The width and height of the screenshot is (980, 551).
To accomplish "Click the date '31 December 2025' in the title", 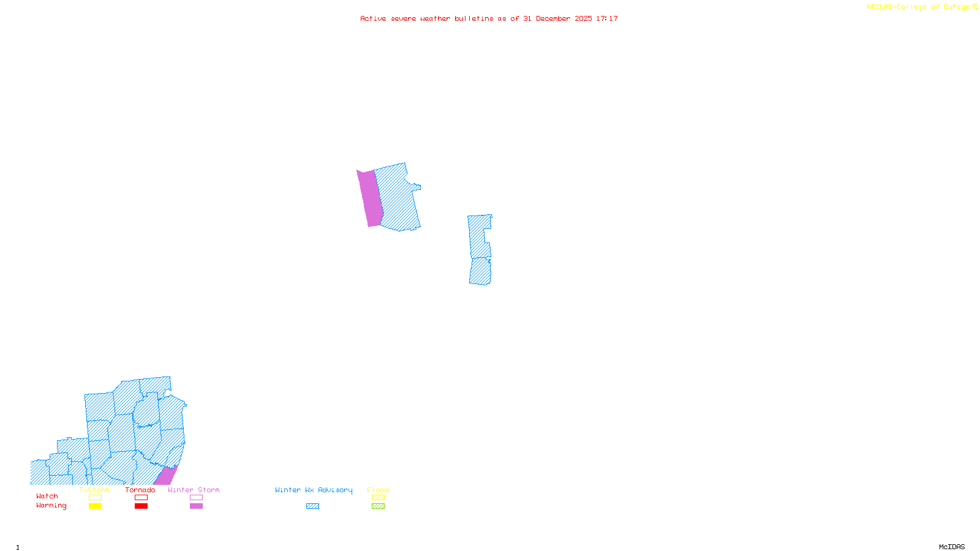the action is click(x=557, y=18).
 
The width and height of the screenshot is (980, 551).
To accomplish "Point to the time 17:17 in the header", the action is click(x=607, y=18).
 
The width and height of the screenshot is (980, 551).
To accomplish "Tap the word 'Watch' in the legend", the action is click(x=47, y=496).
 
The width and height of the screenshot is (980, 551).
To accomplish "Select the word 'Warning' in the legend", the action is click(x=51, y=506).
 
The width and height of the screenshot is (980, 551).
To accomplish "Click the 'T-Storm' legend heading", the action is click(x=94, y=490).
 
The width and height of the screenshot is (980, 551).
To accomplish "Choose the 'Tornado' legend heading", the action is click(x=140, y=490).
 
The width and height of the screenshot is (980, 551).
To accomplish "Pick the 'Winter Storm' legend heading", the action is click(x=194, y=490).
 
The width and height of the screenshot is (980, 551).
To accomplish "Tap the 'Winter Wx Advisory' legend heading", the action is click(x=314, y=490).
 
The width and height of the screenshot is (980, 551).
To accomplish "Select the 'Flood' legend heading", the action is click(x=378, y=490).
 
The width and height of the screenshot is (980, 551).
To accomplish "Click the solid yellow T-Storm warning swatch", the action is click(x=95, y=506).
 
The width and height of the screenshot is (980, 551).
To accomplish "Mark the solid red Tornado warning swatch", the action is click(x=141, y=506).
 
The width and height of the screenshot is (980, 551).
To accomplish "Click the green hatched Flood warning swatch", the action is click(x=379, y=506).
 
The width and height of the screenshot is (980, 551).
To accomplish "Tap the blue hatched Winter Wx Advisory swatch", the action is click(x=313, y=506).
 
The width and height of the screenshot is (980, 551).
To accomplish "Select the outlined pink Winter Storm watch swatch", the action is click(x=197, y=498).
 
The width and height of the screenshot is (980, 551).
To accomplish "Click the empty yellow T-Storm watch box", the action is click(x=95, y=498).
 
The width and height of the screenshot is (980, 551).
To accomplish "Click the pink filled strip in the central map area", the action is click(x=370, y=199).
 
